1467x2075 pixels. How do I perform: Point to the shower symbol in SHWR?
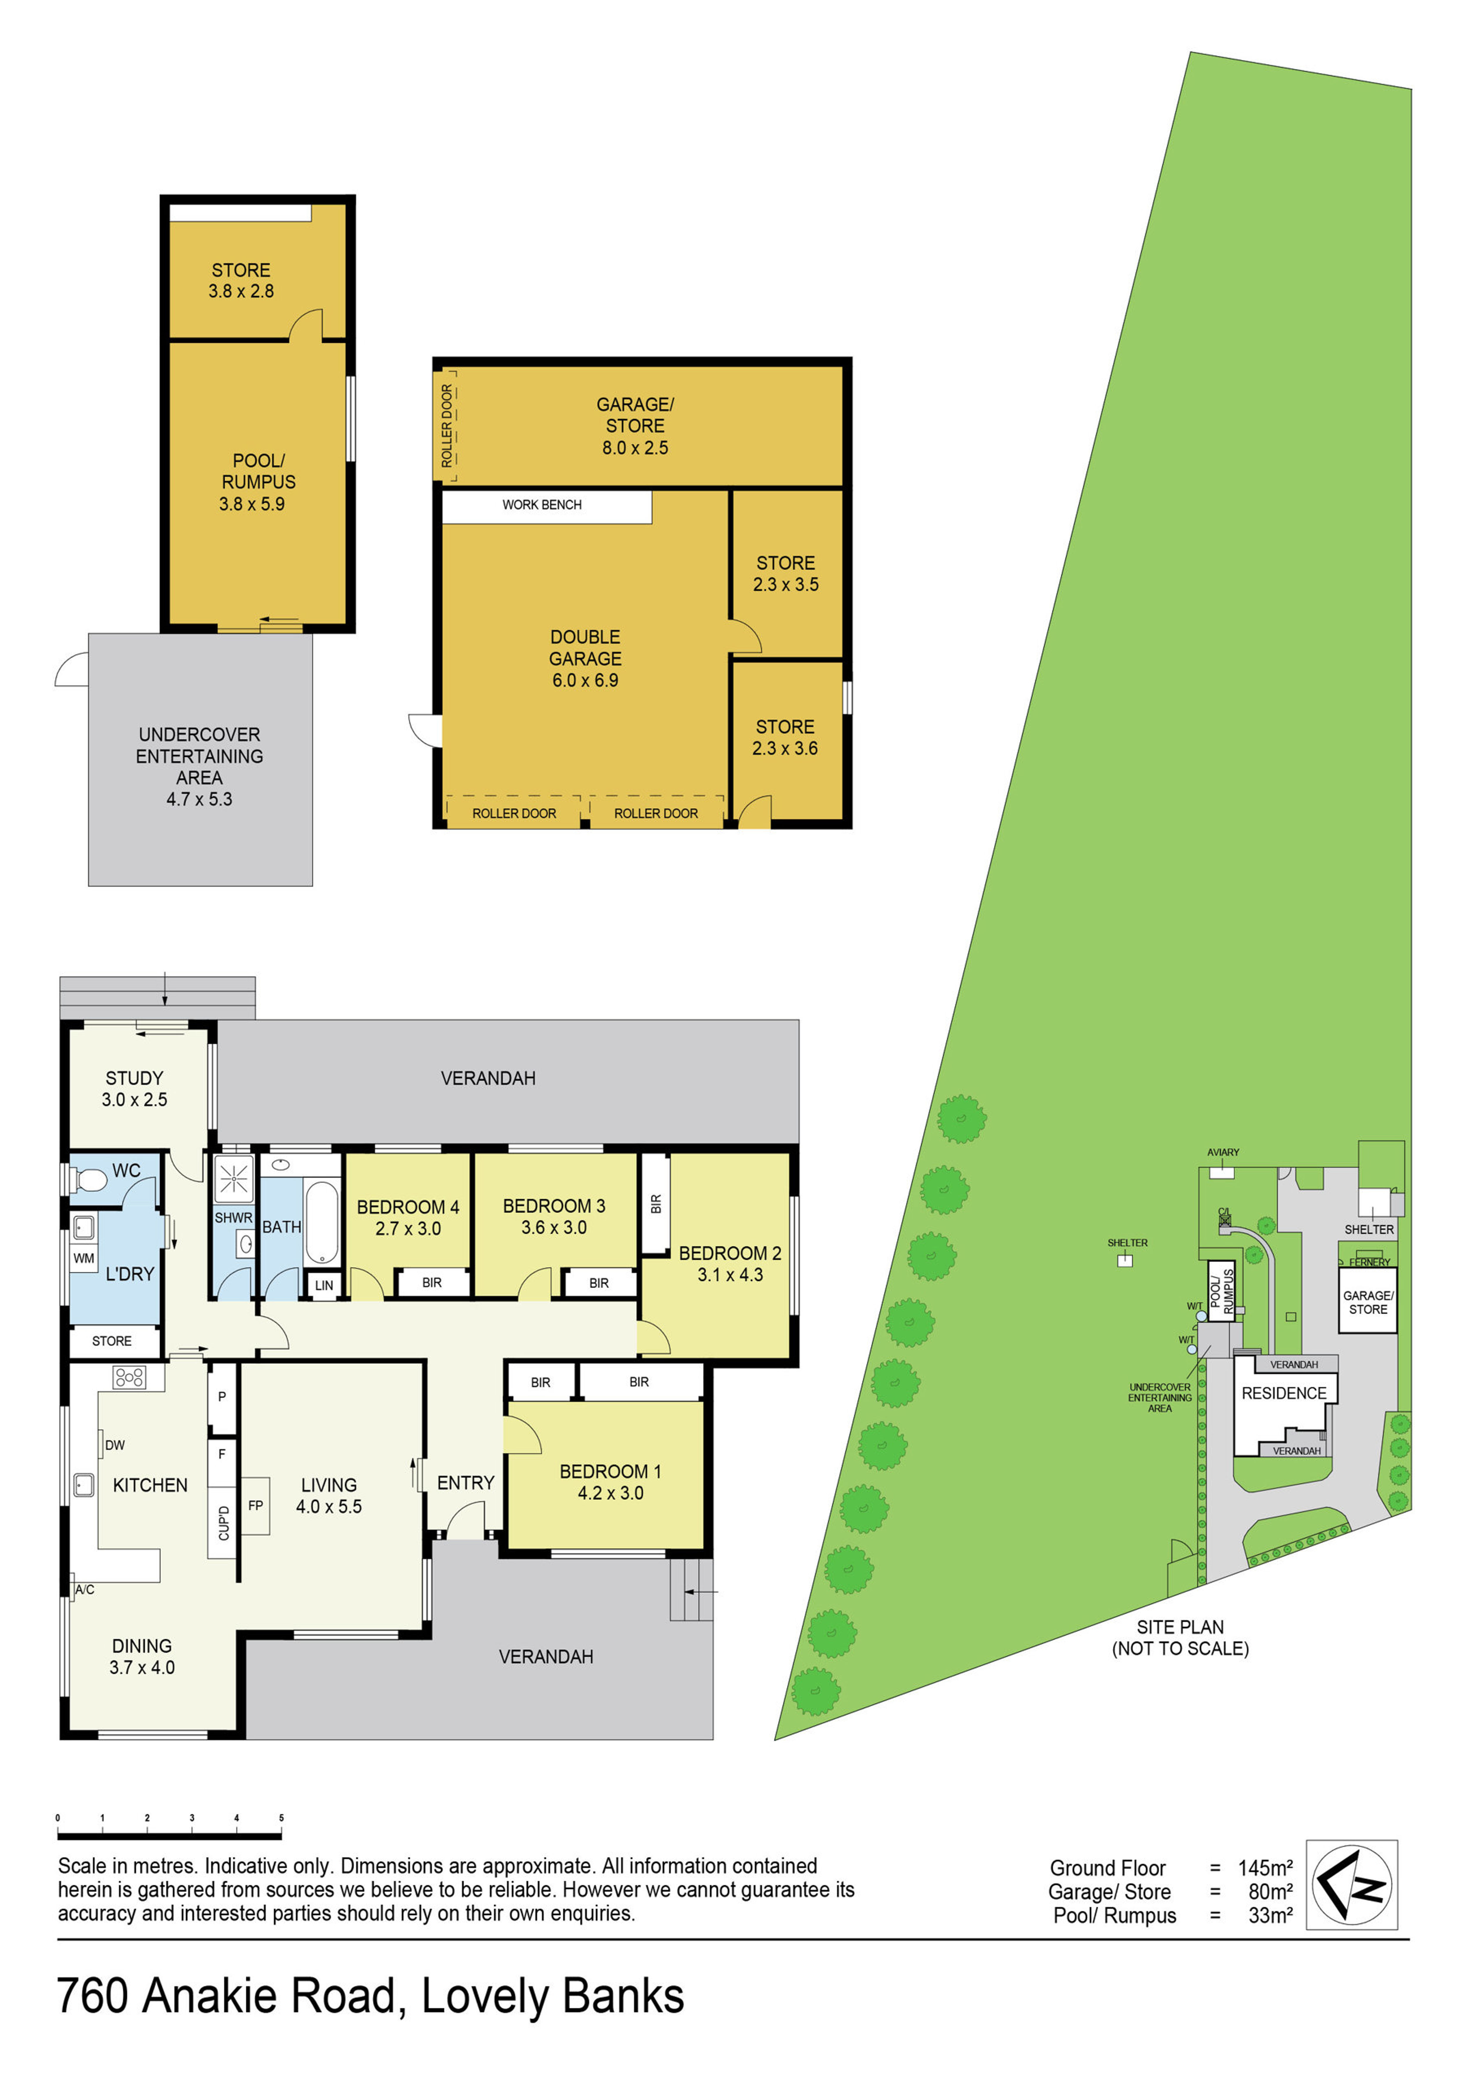click(x=233, y=1178)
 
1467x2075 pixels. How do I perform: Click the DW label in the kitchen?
click(x=115, y=1445)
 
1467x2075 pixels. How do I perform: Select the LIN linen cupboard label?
click(x=324, y=1285)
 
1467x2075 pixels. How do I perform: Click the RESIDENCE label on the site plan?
click(x=1284, y=1394)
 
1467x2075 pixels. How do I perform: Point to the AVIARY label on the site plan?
click(x=1223, y=1152)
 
